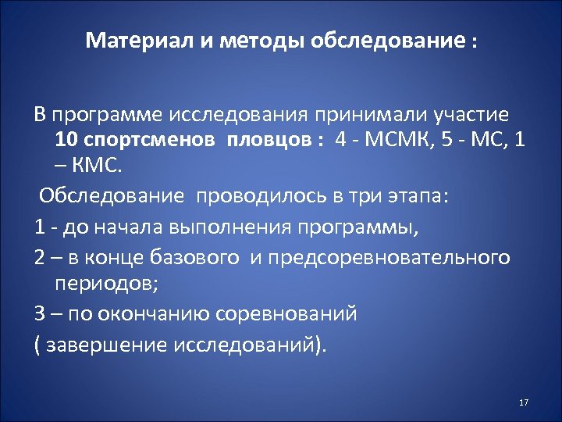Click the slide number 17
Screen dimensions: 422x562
point(523,402)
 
